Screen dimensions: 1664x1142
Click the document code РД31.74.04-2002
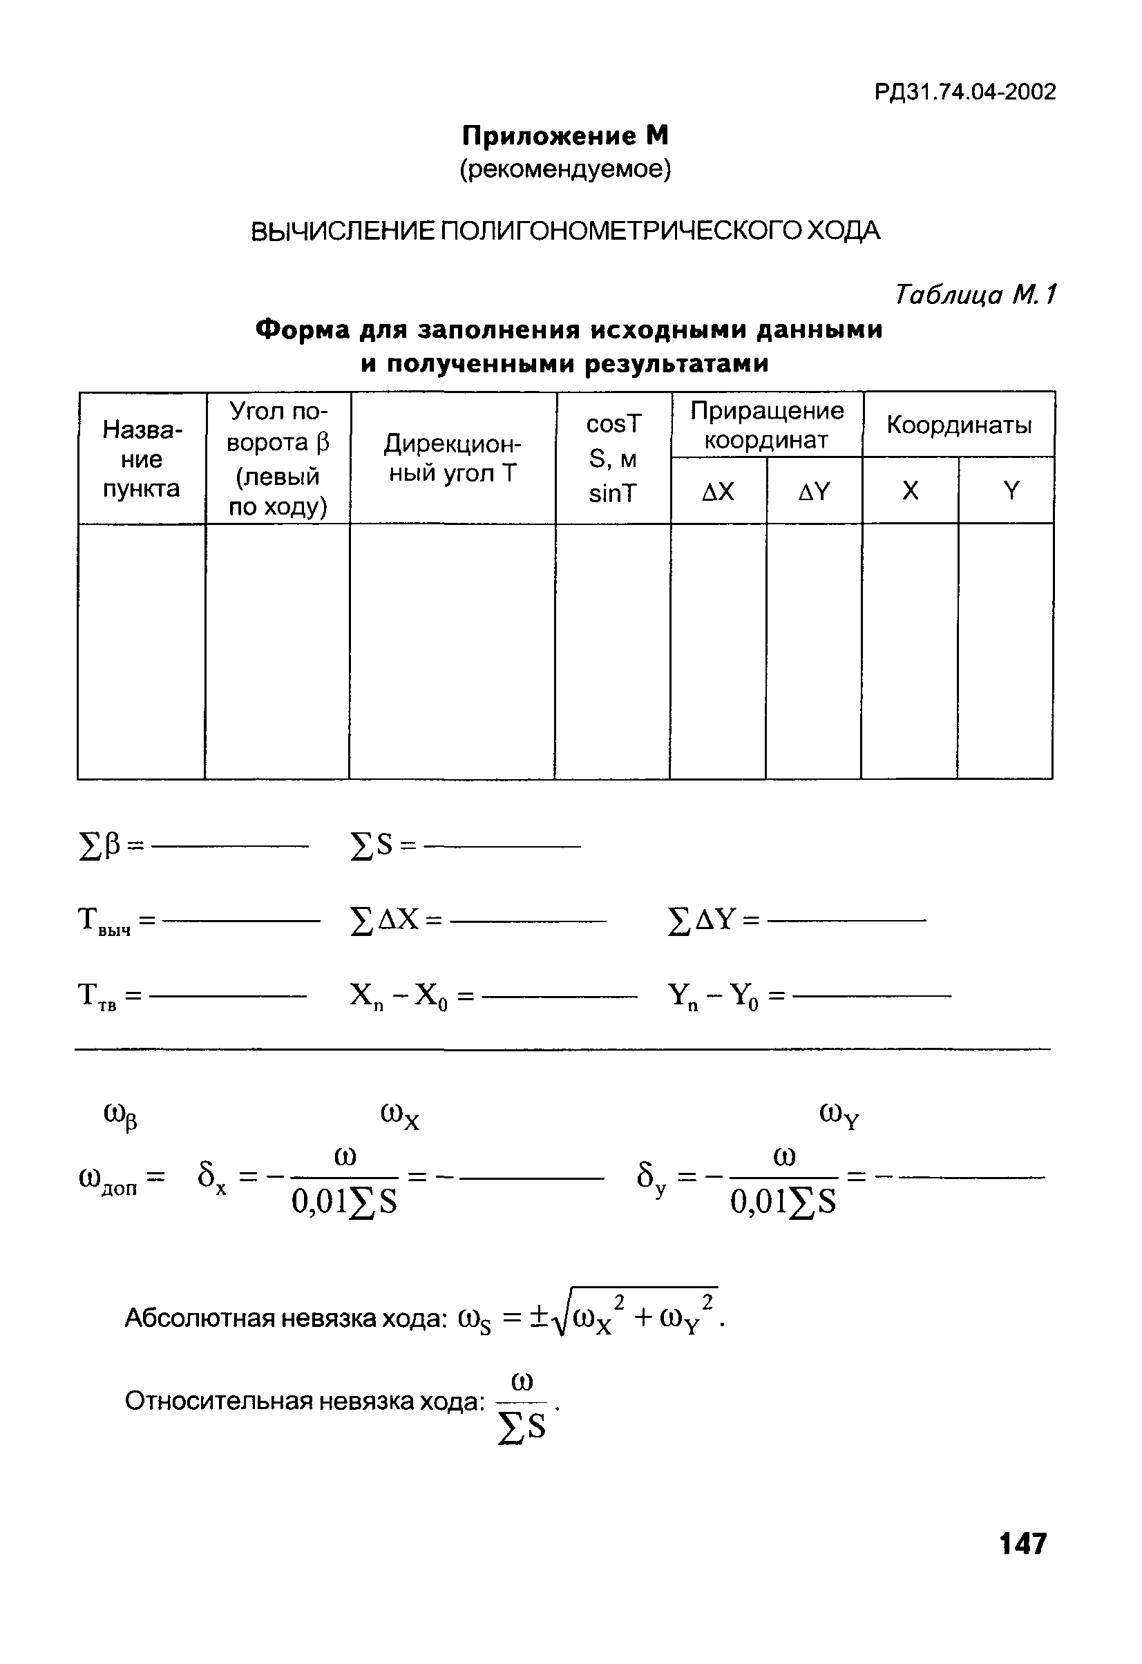click(x=964, y=93)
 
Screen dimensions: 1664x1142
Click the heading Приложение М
click(x=565, y=135)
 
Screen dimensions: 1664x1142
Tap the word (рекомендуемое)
click(x=565, y=170)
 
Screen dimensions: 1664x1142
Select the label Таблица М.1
click(x=974, y=294)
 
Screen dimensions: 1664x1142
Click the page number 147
click(x=1022, y=1544)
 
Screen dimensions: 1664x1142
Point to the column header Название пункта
click(x=142, y=459)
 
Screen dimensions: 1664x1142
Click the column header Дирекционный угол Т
click(x=453, y=459)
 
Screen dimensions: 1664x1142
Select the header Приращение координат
click(x=767, y=425)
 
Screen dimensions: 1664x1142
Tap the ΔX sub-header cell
click(x=718, y=491)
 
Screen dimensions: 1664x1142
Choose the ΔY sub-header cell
click(x=814, y=491)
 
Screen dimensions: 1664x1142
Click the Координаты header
click(x=959, y=425)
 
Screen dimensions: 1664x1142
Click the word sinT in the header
click(x=612, y=494)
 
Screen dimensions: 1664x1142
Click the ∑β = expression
click(x=111, y=846)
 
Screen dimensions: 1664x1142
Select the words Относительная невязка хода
click(x=305, y=1402)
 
